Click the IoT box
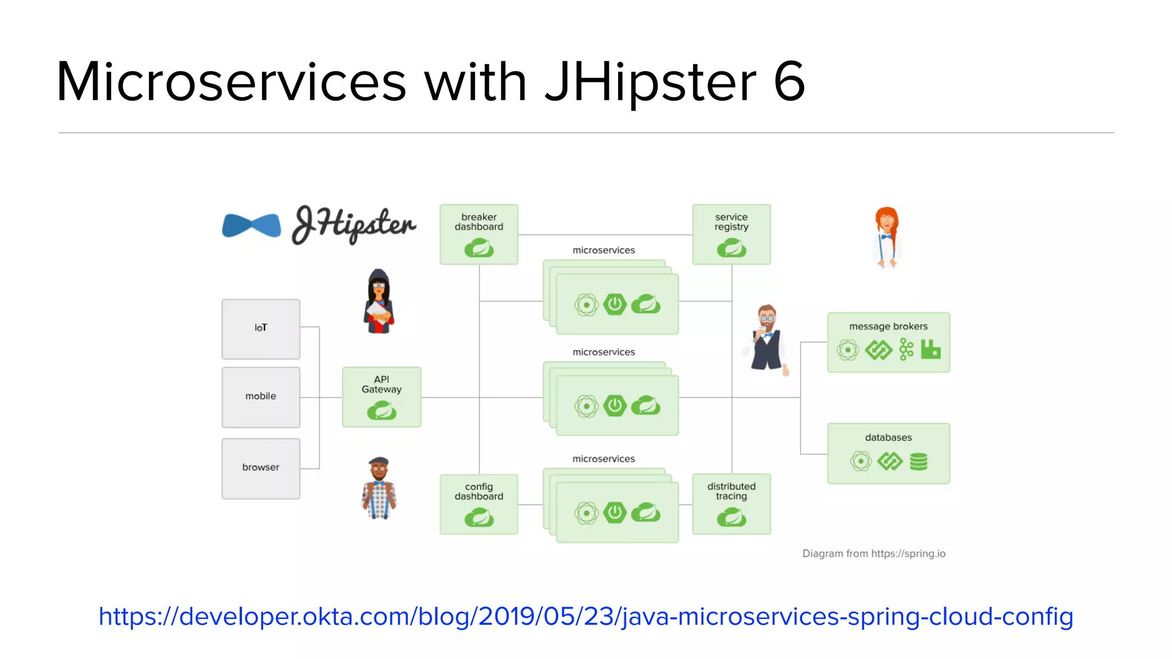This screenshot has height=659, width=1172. [261, 329]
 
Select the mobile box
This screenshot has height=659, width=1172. [261, 397]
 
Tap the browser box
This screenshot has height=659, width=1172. [261, 468]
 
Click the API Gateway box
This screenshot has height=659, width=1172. [382, 397]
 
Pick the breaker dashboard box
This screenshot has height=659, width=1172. [479, 235]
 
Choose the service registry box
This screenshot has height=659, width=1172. [731, 235]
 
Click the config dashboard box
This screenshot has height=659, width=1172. [479, 504]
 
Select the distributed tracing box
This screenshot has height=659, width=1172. [731, 504]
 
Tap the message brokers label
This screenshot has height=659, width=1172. [888, 327]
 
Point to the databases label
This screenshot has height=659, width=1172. [888, 438]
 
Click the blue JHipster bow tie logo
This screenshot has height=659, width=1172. [252, 225]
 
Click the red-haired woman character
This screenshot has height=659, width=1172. [887, 237]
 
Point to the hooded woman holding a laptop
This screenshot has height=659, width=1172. [378, 301]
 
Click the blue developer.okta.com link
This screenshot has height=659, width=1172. [586, 617]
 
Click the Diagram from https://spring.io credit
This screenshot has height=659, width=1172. [874, 554]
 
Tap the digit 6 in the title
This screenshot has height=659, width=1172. [789, 82]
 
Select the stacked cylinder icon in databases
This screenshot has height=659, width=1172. [918, 461]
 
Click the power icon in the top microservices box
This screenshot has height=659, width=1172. [615, 304]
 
